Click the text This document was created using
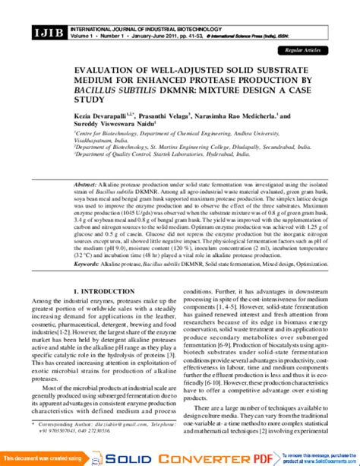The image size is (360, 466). (40, 458)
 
